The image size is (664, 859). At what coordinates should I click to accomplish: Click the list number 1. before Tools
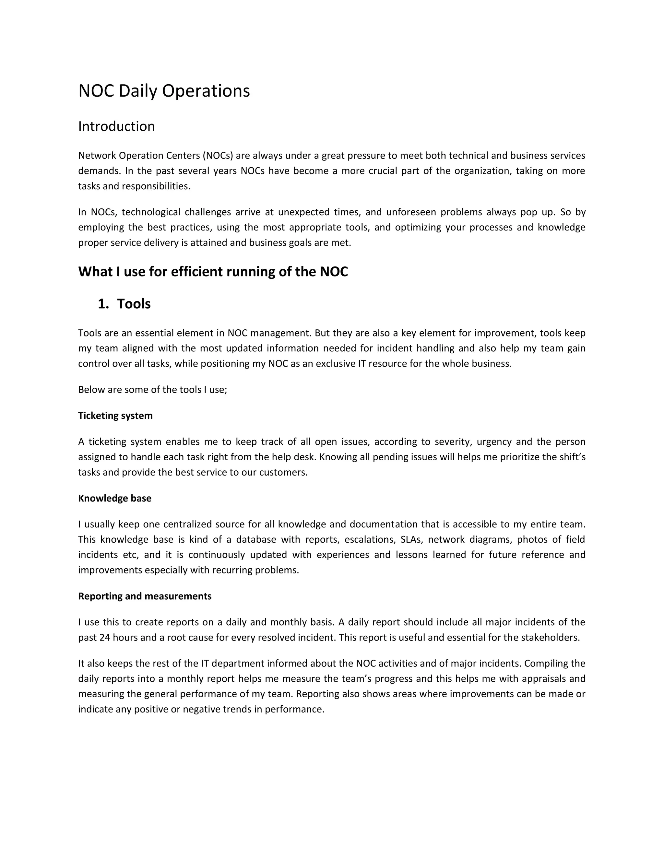(103, 304)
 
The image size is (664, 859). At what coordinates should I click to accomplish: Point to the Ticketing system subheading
(115, 416)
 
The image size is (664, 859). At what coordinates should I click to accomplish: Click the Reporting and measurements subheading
(145, 596)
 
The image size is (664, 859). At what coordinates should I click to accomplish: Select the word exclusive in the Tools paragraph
(336, 363)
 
